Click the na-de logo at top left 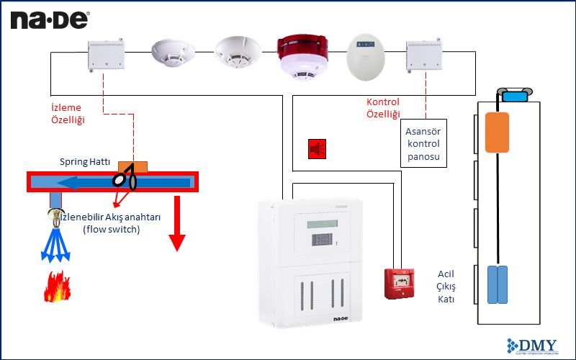pos(50,20)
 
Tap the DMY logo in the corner pos(539,346)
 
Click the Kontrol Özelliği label pos(383,108)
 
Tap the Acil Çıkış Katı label pos(446,287)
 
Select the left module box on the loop pos(107,55)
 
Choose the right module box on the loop pos(426,55)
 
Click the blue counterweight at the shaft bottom pos(498,284)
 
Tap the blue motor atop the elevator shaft pos(513,96)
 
